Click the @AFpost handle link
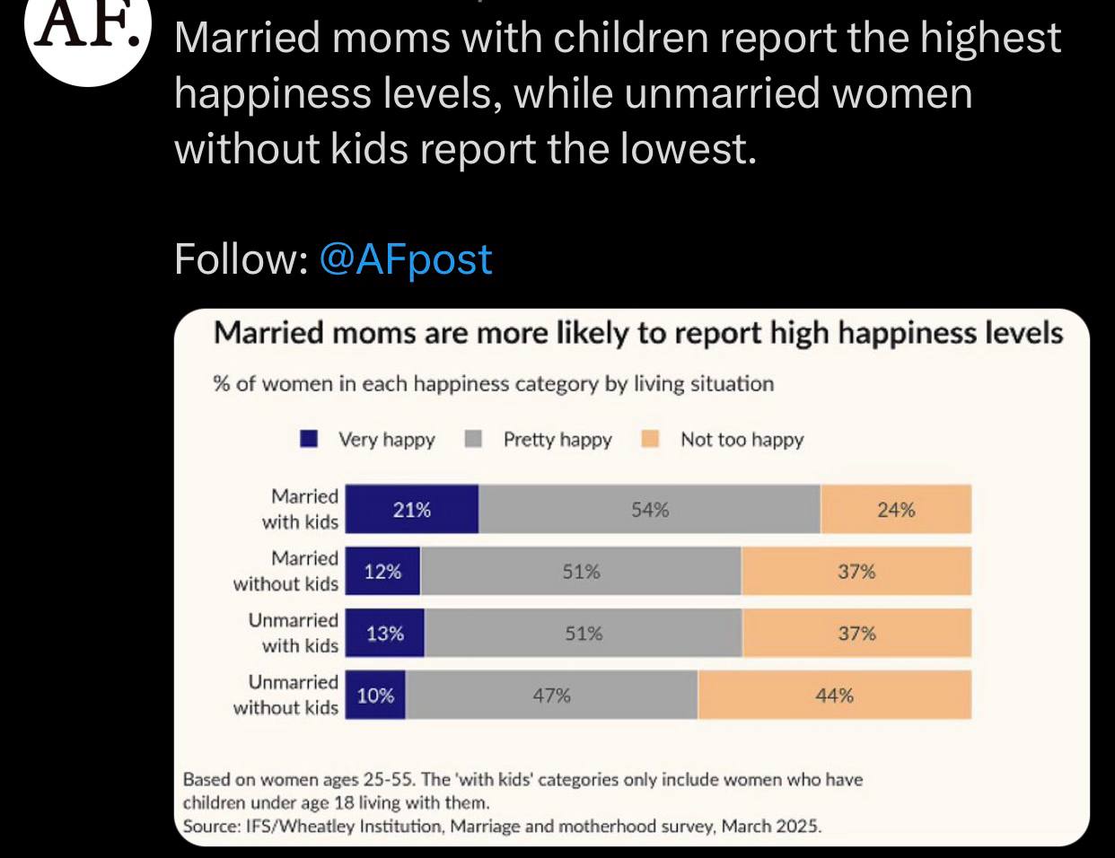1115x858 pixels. tap(405, 259)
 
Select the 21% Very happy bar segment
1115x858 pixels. tap(412, 510)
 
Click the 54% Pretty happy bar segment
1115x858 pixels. tap(649, 510)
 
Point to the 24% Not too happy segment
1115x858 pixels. tap(896, 510)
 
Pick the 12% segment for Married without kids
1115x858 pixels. tap(383, 572)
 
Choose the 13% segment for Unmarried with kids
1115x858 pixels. tap(385, 634)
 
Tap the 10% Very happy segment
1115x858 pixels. tap(376, 696)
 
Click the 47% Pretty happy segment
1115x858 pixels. tap(551, 696)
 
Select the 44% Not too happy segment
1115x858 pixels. tap(835, 696)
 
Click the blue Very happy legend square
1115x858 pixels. tap(310, 439)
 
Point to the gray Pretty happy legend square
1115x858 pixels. tap(474, 439)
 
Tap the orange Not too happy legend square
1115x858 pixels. tap(651, 439)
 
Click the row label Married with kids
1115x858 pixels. tap(301, 509)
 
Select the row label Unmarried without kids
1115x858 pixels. tap(286, 695)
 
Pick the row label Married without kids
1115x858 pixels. tap(286, 571)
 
